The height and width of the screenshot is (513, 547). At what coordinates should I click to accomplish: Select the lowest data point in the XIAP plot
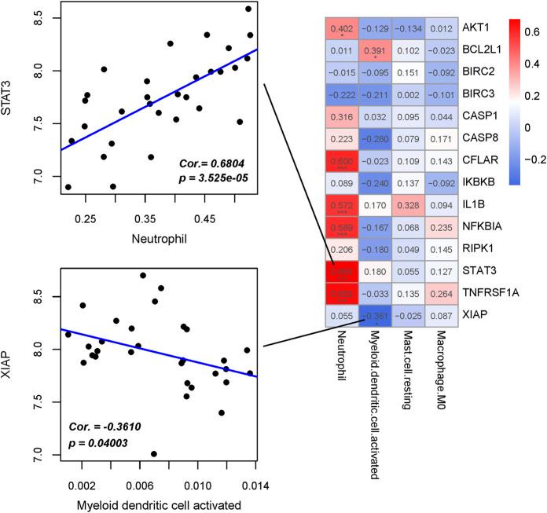point(154,453)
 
